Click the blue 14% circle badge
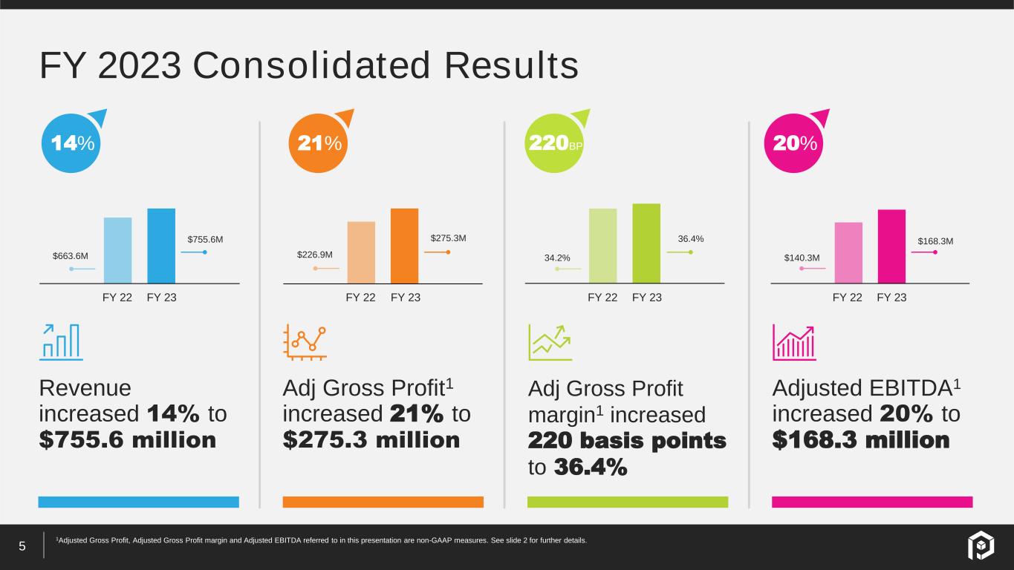click(x=71, y=143)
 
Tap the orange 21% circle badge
click(x=318, y=143)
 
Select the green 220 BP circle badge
click(x=554, y=143)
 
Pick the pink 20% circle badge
click(x=793, y=143)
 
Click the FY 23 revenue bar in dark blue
click(x=161, y=246)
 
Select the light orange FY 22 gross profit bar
click(x=361, y=252)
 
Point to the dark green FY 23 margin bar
click(x=646, y=243)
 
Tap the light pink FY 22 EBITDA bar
click(x=848, y=253)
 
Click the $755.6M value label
click(x=205, y=239)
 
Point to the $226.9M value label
click(x=315, y=255)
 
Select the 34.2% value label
click(x=557, y=258)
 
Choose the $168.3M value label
click(x=935, y=241)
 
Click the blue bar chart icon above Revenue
click(x=61, y=342)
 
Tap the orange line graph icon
click(x=305, y=342)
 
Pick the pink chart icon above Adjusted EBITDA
click(x=794, y=342)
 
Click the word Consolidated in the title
click(x=311, y=65)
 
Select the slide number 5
click(x=22, y=546)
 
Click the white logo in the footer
click(x=981, y=546)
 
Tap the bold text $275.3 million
click(x=371, y=439)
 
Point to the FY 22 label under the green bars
click(x=602, y=297)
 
